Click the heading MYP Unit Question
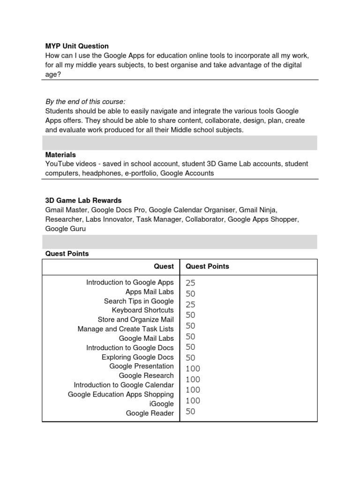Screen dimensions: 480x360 pyautogui.click(x=77, y=46)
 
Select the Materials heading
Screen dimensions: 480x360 pyautogui.click(x=60, y=155)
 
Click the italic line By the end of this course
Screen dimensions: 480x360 pyautogui.click(x=85, y=102)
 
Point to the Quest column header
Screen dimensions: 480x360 pyautogui.click(x=164, y=266)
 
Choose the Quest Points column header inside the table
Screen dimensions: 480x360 pyautogui.click(x=207, y=266)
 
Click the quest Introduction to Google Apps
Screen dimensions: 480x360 pyautogui.click(x=130, y=282)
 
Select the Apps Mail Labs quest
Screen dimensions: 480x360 pyautogui.click(x=150, y=292)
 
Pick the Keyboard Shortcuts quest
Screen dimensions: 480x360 pyautogui.click(x=142, y=310)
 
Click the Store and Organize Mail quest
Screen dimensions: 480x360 pyautogui.click(x=135, y=320)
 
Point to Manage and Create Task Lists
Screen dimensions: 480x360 pyautogui.click(x=126, y=329)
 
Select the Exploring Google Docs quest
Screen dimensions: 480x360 pyautogui.click(x=137, y=357)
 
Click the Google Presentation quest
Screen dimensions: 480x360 pyautogui.click(x=142, y=366)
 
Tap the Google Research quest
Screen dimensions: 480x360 pyautogui.click(x=146, y=375)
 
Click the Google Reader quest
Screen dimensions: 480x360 pyautogui.click(x=150, y=413)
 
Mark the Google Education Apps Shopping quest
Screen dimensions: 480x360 pyautogui.click(x=120, y=394)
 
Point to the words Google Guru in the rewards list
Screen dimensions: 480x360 pyautogui.click(x=66, y=229)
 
